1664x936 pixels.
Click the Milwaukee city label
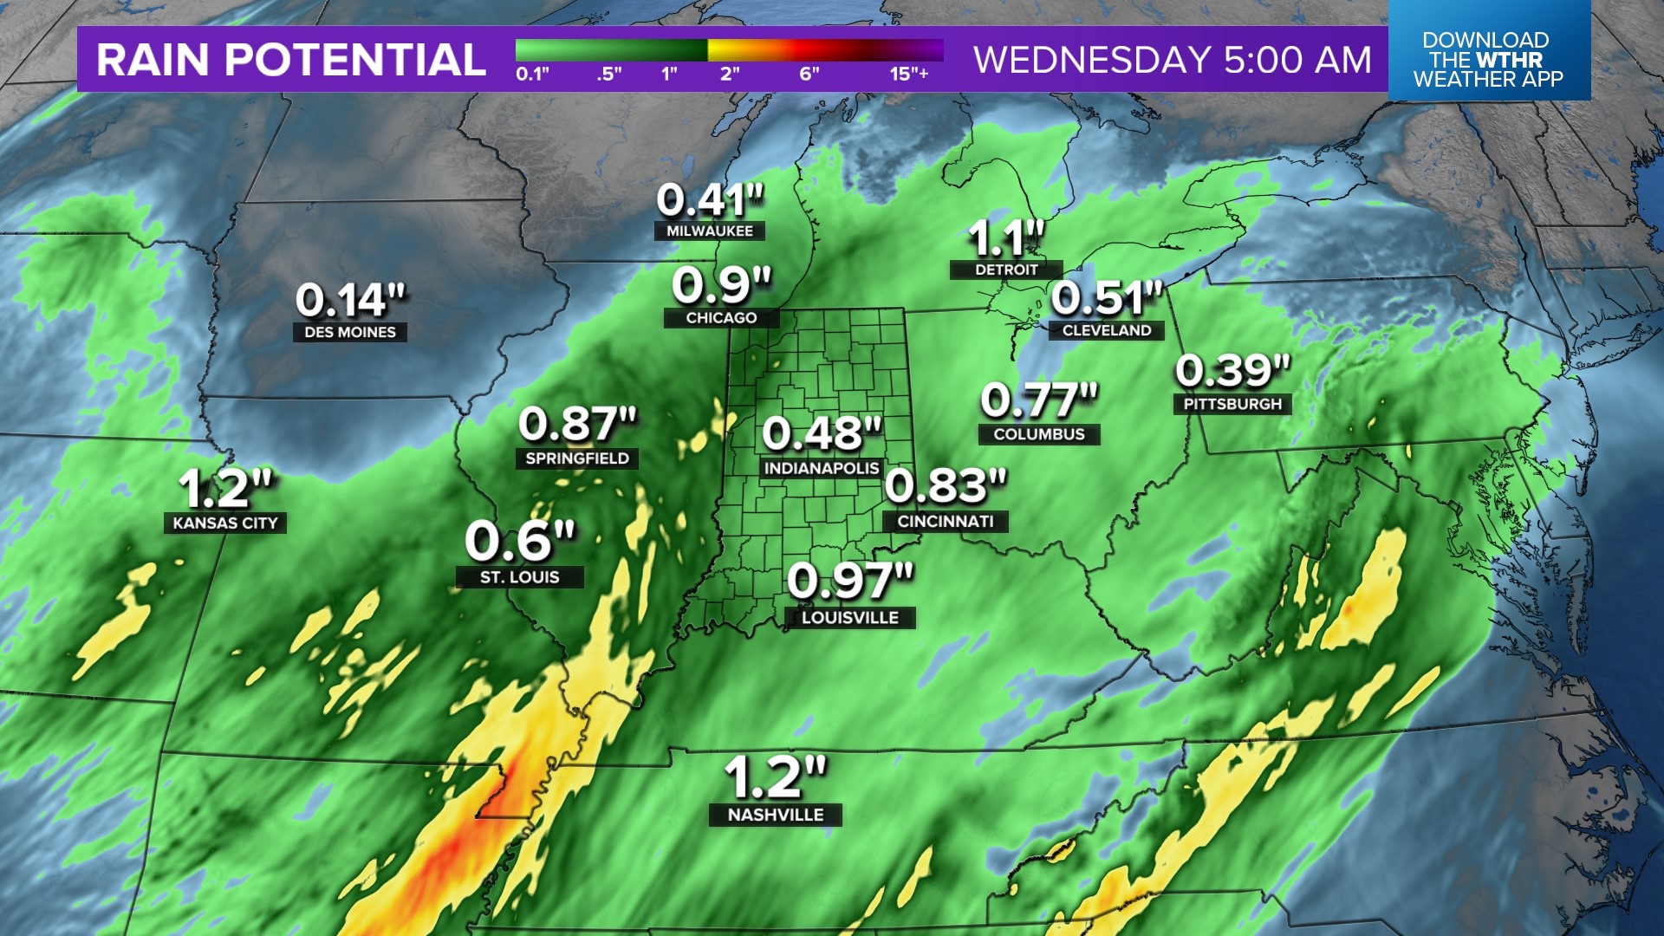click(710, 231)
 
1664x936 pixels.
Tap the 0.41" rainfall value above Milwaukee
click(710, 200)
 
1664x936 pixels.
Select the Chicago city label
click(721, 318)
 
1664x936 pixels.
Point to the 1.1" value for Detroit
click(1005, 238)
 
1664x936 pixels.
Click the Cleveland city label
click(1107, 330)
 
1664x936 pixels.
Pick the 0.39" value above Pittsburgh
click(1232, 371)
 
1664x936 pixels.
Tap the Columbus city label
click(1039, 434)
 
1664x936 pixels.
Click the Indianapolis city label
click(822, 468)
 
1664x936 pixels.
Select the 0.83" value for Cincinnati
click(946, 485)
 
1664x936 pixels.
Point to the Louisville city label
click(850, 618)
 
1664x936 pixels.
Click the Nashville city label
click(776, 815)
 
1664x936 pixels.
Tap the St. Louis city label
click(520, 577)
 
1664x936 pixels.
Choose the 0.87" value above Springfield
click(577, 425)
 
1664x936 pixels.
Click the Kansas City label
click(225, 523)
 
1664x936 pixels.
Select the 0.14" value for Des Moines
click(350, 301)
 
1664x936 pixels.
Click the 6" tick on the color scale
click(809, 74)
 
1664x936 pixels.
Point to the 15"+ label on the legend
click(908, 74)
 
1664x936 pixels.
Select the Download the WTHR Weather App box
click(1488, 59)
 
